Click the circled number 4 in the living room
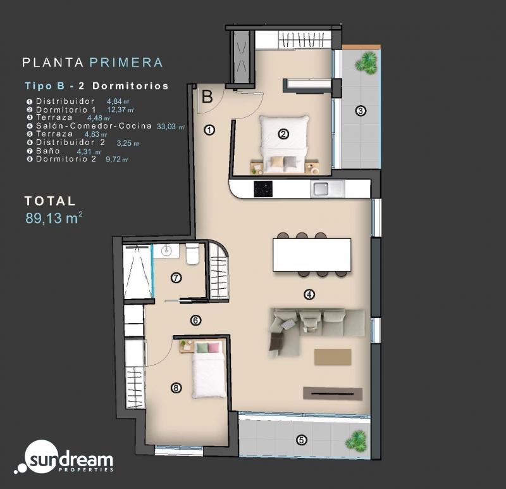pos(309,295)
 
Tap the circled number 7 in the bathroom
pos(176,277)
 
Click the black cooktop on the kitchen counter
pos(263,189)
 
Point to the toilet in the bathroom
pos(192,255)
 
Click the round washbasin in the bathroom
pos(167,250)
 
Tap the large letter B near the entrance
pos(207,97)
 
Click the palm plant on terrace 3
pos(366,63)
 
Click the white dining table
pos(312,255)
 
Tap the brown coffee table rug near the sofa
pos(333,357)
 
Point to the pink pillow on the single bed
pos(214,348)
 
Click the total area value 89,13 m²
pos(54,218)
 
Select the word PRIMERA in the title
pos(126,63)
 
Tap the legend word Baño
pos(48,151)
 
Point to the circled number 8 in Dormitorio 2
pos(176,388)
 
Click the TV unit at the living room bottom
pos(333,393)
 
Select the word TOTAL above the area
pos(50,201)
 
